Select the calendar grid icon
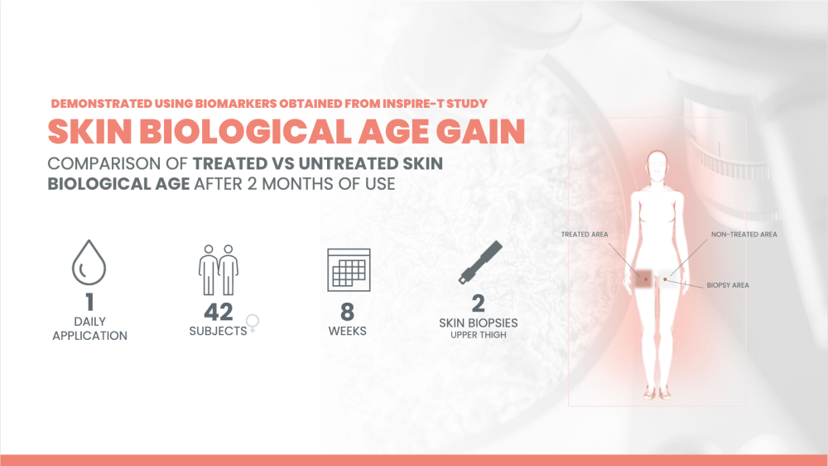(348, 269)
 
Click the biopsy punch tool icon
(479, 266)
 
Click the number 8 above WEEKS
(348, 312)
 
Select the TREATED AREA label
(585, 235)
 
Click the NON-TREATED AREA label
(744, 235)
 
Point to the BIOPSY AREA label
(728, 284)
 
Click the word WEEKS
(348, 331)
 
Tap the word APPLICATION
(89, 336)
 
